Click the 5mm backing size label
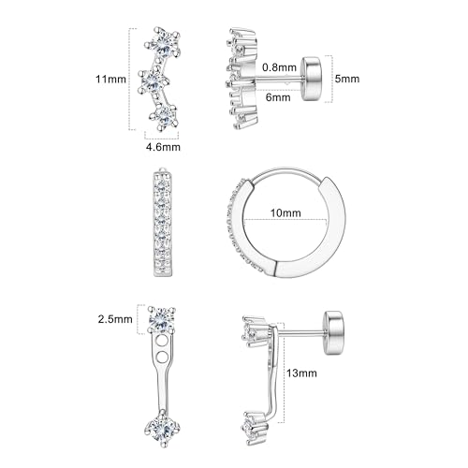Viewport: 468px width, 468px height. point(346,80)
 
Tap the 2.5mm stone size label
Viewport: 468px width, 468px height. point(116,318)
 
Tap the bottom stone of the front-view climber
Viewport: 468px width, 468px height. point(166,117)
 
